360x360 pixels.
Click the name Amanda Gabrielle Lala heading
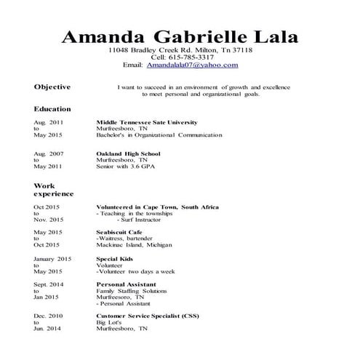click(x=180, y=36)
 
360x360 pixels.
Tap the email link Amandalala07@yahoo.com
click(x=192, y=65)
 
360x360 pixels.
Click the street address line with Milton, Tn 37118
click(x=180, y=49)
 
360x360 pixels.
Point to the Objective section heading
click(x=52, y=87)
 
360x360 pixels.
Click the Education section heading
click(x=52, y=108)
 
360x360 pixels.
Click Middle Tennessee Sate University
click(x=146, y=122)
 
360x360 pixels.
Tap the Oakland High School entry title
click(x=128, y=153)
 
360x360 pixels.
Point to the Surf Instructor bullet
click(x=135, y=220)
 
